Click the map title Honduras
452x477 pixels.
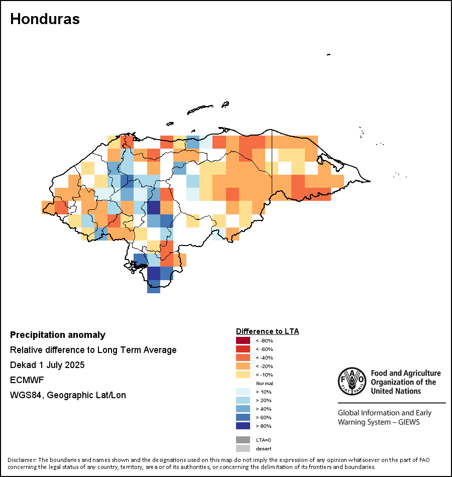tap(45, 19)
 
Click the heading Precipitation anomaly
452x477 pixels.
tap(58, 335)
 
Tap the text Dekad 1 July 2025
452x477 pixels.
tap(47, 365)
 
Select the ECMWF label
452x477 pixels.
tap(27, 380)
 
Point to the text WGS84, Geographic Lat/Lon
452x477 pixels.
tap(68, 395)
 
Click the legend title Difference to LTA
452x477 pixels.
tap(267, 331)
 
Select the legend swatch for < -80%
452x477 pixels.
tap(243, 340)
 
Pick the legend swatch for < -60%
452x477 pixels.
tap(243, 349)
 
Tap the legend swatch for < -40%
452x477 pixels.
tap(243, 357)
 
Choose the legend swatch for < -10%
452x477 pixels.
tap(243, 375)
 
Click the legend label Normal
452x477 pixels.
tap(264, 383)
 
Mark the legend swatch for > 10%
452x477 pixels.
tap(243, 392)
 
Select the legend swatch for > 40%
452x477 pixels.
tap(243, 409)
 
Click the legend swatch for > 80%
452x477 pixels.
tap(243, 426)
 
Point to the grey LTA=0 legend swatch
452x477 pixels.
tap(243, 440)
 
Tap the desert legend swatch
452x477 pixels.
tap(243, 448)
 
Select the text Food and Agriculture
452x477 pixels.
tap(405, 373)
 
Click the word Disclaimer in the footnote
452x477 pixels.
tap(22, 460)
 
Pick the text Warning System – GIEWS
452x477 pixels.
tap(379, 422)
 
